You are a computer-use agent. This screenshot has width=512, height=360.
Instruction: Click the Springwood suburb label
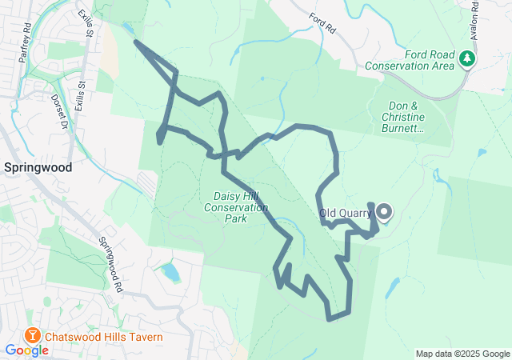pos(38,168)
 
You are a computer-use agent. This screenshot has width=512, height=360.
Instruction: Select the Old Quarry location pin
pos(384,212)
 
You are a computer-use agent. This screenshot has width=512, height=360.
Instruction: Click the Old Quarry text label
pos(345,214)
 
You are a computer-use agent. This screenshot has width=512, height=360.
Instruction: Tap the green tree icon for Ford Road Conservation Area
pos(466,58)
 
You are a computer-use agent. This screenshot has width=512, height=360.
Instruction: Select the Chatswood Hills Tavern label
pos(103,337)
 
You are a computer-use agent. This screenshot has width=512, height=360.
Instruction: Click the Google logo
pos(26,350)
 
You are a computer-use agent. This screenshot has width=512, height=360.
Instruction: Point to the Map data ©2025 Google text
pos(462,354)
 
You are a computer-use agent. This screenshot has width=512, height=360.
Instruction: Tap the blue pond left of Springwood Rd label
pos(170,273)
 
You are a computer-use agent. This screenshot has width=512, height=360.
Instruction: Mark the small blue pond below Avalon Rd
pos(481,152)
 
